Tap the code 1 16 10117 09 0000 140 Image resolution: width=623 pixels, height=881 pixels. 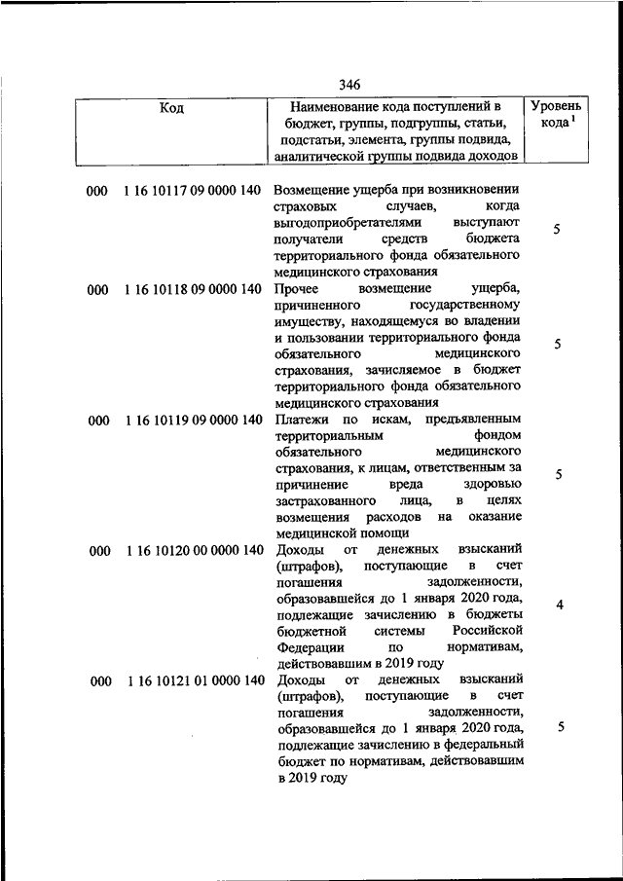(x=193, y=191)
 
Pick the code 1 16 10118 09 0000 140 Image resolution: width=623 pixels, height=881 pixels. (x=193, y=290)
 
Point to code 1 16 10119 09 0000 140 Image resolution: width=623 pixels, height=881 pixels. (x=193, y=421)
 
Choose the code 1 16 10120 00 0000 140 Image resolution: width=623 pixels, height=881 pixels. (x=193, y=550)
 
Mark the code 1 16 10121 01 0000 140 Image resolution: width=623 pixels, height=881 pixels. (x=193, y=680)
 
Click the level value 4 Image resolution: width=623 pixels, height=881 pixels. (x=560, y=606)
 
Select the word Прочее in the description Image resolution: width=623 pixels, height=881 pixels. (x=298, y=290)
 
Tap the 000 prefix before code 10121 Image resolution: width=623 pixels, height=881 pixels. (x=98, y=680)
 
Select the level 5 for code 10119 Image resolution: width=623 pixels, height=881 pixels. (x=559, y=475)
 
